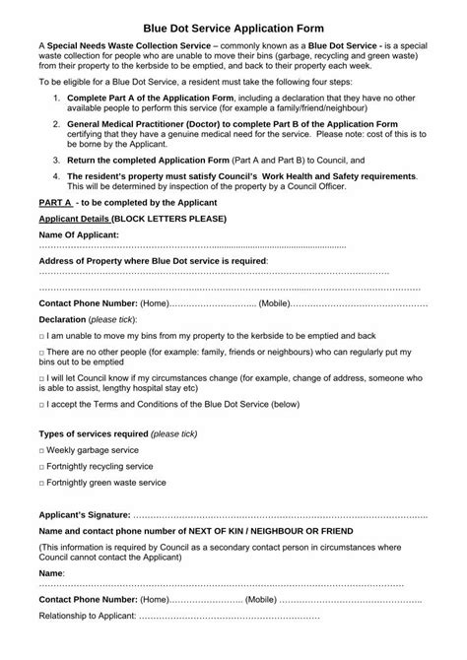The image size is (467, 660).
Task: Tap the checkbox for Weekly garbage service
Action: [x=41, y=449]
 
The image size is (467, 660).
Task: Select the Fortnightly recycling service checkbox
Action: [x=41, y=466]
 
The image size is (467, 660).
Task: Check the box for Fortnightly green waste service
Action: [x=41, y=483]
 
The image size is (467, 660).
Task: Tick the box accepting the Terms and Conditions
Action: [x=41, y=404]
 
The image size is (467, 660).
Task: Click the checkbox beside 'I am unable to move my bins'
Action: [x=41, y=336]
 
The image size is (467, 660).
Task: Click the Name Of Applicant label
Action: [x=78, y=233]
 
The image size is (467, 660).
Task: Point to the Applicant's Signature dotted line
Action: [x=280, y=514]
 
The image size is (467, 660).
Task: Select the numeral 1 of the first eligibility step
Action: [x=56, y=99]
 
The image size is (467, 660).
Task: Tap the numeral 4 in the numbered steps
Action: [x=56, y=174]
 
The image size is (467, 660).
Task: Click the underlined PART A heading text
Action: [x=53, y=200]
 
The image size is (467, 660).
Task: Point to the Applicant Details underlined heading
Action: [x=74, y=217]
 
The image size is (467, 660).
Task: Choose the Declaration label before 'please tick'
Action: [x=61, y=320]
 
